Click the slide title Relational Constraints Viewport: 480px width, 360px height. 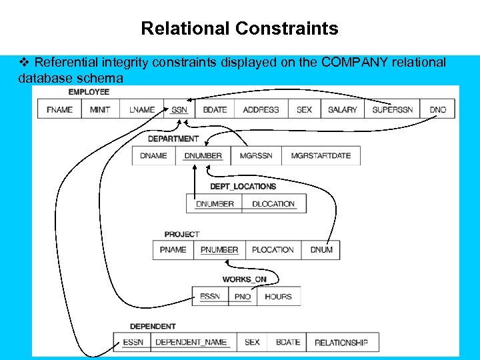click(x=239, y=29)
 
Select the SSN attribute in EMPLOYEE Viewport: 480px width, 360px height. click(x=179, y=109)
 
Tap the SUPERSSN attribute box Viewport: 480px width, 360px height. click(x=392, y=109)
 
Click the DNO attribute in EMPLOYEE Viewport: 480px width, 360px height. click(x=437, y=109)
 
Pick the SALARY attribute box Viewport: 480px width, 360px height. click(x=343, y=109)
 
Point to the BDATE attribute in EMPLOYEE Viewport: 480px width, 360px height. click(x=215, y=109)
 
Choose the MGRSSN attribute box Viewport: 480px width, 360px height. click(x=256, y=156)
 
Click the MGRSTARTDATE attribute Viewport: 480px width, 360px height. click(x=321, y=156)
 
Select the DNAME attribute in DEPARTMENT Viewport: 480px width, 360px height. click(x=154, y=156)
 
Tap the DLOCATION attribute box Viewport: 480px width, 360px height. click(x=273, y=204)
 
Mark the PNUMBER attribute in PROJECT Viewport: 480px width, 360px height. click(x=219, y=250)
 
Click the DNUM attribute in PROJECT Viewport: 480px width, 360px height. click(x=321, y=250)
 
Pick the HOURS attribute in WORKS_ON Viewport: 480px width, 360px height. click(x=278, y=297)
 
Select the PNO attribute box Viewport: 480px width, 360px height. click(x=243, y=297)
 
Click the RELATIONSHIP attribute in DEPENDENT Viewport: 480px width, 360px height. click(x=341, y=343)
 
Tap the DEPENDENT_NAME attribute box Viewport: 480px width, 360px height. click(x=191, y=343)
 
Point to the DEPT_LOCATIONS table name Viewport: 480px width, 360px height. click(x=243, y=187)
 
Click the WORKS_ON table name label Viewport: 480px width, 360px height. click(x=244, y=279)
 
